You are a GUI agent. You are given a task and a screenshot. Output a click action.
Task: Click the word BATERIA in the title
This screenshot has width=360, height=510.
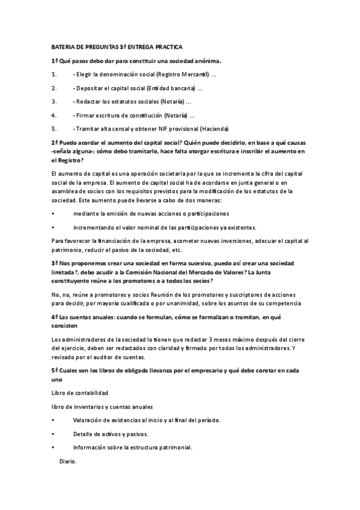click(x=63, y=46)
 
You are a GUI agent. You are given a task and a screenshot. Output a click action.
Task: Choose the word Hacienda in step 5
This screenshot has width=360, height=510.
click(x=213, y=129)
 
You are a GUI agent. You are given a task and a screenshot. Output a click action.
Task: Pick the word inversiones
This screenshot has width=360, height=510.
click(x=248, y=241)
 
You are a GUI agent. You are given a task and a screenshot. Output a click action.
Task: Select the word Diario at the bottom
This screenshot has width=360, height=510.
click(x=68, y=461)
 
